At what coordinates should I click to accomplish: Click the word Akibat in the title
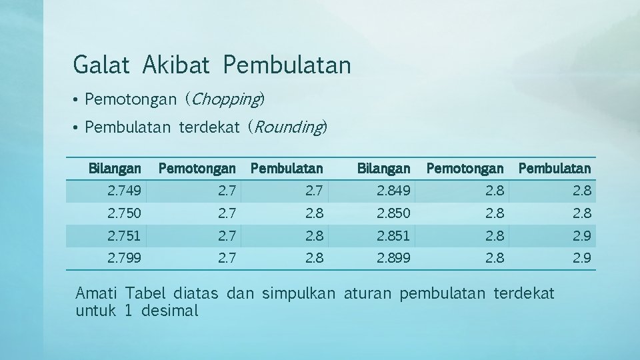pyautogui.click(x=175, y=65)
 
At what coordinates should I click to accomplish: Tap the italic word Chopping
pyautogui.click(x=225, y=99)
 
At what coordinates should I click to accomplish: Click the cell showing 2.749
pyautogui.click(x=124, y=192)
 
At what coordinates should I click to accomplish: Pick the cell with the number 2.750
pyautogui.click(x=124, y=214)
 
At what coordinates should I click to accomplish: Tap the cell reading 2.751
pyautogui.click(x=124, y=236)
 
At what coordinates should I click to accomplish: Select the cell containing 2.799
pyautogui.click(x=124, y=258)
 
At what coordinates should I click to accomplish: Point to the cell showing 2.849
pyautogui.click(x=394, y=192)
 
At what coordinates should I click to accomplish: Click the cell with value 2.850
pyautogui.click(x=394, y=214)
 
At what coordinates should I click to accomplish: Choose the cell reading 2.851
pyautogui.click(x=394, y=236)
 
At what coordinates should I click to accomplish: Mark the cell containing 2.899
pyautogui.click(x=394, y=258)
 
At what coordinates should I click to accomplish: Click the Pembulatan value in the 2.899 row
pyautogui.click(x=581, y=258)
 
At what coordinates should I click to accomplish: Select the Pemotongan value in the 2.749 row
pyautogui.click(x=227, y=192)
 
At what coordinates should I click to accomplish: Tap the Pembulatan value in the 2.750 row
pyautogui.click(x=313, y=214)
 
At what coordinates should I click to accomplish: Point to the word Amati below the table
pyautogui.click(x=97, y=293)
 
